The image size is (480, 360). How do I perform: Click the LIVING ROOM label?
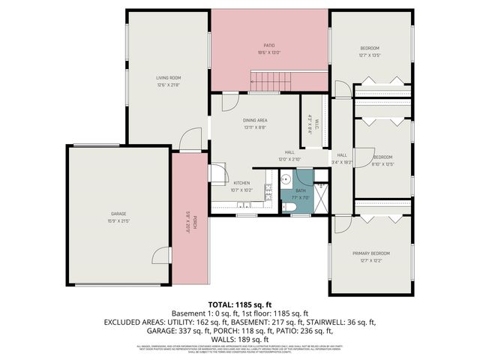[168, 77]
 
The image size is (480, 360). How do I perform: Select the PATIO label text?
[268, 46]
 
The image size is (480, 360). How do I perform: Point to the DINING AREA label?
[256, 120]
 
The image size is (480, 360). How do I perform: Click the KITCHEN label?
[241, 183]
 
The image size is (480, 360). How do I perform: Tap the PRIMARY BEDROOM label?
[371, 253]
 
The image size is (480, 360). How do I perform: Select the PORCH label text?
[194, 222]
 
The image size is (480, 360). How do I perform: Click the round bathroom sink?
[286, 179]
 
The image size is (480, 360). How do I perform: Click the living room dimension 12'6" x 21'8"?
[168, 85]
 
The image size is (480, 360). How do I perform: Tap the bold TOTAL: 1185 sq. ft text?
[239, 304]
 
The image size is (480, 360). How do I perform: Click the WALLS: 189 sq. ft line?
[240, 337]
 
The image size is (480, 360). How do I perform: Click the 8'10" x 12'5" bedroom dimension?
[382, 164]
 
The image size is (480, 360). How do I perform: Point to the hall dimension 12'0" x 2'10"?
[289, 159]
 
